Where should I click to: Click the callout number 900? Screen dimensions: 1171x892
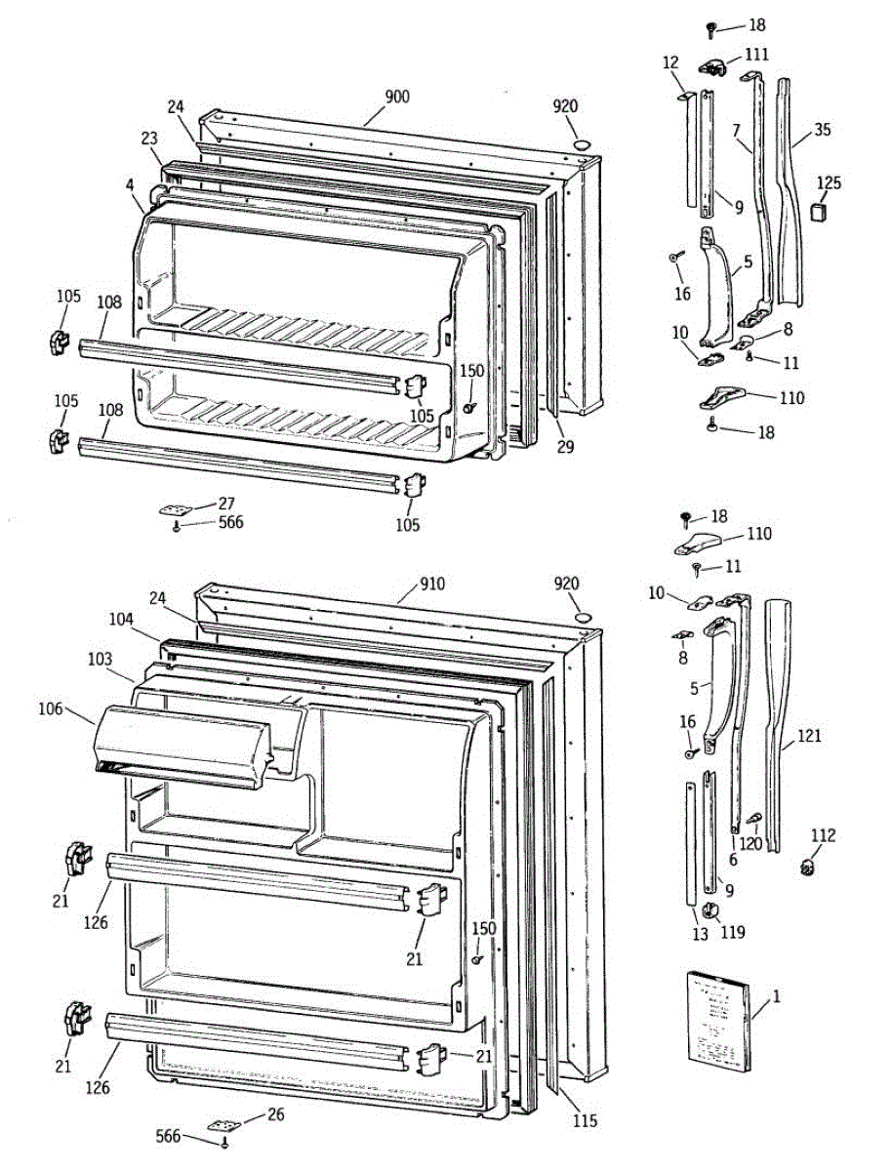point(396,97)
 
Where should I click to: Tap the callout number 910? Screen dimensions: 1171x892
point(431,585)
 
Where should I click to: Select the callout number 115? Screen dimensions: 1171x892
point(586,1121)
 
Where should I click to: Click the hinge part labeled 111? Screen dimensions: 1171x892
point(715,66)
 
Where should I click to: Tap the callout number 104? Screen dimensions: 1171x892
point(120,618)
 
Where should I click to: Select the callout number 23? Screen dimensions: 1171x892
point(148,139)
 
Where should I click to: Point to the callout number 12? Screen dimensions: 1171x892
point(669,62)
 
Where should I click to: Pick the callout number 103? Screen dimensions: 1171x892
point(99,659)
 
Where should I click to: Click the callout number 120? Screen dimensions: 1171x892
point(750,843)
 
